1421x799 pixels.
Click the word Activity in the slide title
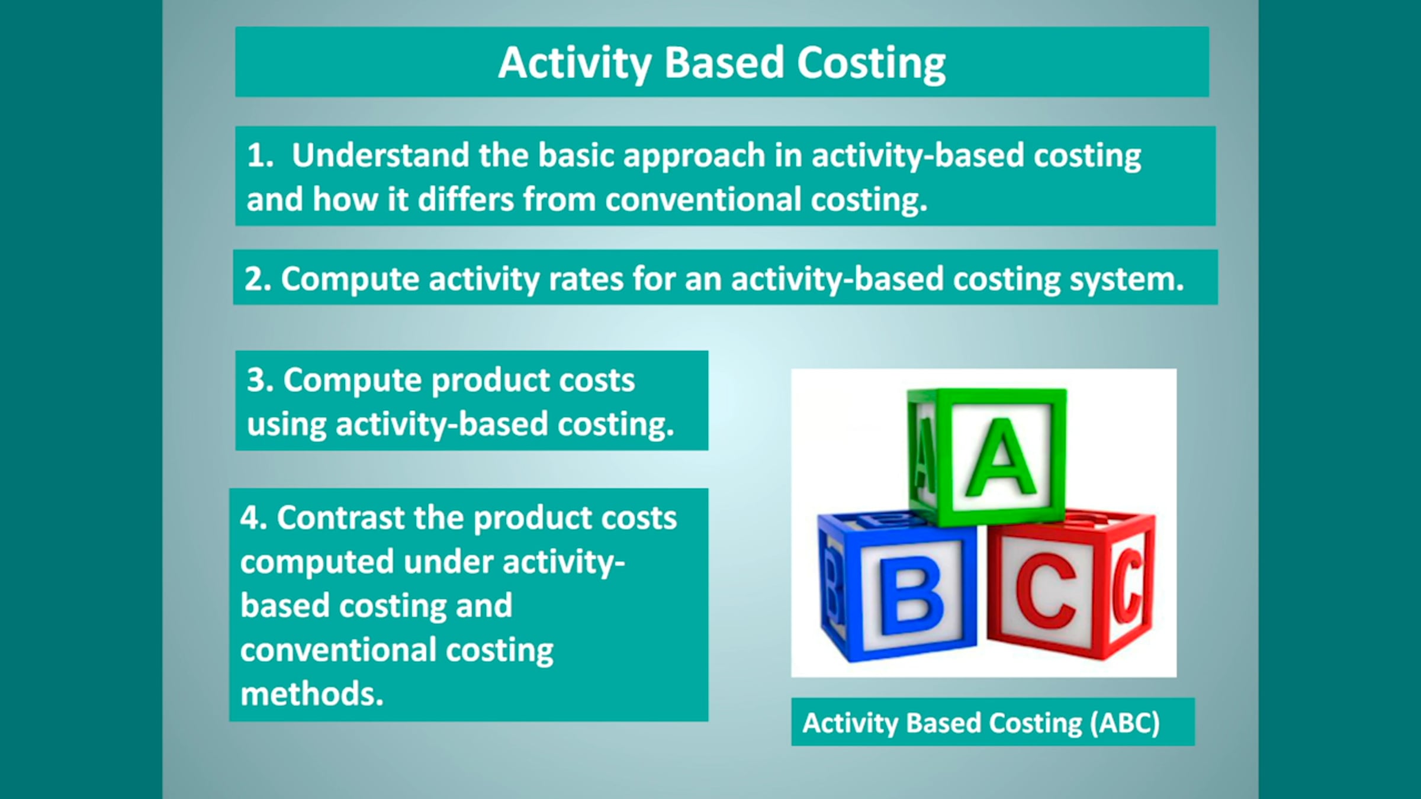574,63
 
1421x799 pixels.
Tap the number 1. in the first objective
260,156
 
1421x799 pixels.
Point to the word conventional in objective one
703,199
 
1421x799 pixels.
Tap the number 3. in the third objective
260,380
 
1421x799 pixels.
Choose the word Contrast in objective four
340,518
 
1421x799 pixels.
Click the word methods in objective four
312,694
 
